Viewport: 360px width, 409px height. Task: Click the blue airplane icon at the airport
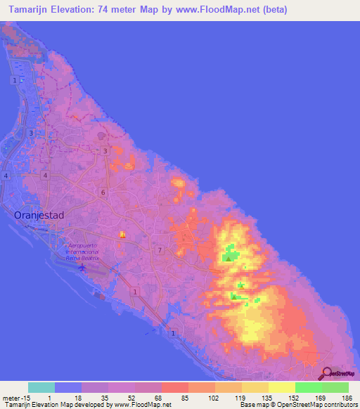tap(84, 267)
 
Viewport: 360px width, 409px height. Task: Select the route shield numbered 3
tap(105, 151)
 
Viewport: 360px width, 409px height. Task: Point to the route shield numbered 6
tap(103, 192)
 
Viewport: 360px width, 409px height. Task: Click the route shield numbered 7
tap(160, 249)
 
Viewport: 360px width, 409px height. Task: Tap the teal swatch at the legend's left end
tap(41, 387)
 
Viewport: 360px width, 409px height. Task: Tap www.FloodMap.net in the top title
tap(218, 11)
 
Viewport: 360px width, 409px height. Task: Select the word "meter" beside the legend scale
tap(11, 398)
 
